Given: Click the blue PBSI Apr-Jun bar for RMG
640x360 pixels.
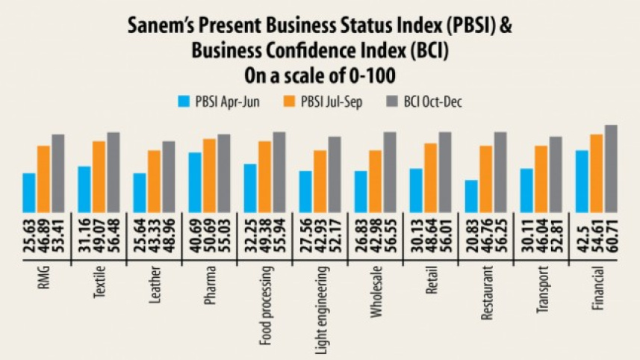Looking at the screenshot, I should pos(29,193).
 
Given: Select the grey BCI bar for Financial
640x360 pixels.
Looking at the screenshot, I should pos(610,169).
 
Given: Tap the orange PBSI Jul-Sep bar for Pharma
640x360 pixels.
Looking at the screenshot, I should pos(209,176).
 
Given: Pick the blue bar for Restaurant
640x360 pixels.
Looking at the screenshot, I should pos(471,196).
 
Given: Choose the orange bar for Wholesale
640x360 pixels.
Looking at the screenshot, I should pos(375,181).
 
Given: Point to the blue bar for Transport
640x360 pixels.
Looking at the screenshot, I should pos(526,190).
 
